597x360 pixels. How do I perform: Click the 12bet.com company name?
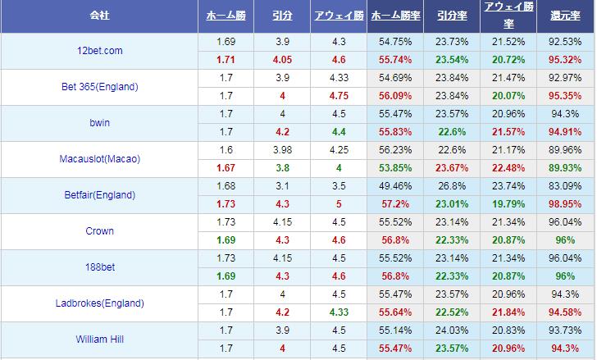pyautogui.click(x=99, y=51)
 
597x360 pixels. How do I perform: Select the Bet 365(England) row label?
pyautogui.click(x=99, y=87)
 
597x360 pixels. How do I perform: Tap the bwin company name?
pyautogui.click(x=99, y=123)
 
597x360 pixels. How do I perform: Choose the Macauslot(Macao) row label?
pyautogui.click(x=99, y=159)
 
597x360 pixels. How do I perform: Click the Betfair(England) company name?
pyautogui.click(x=99, y=195)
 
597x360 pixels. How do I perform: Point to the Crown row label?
pyautogui.click(x=99, y=231)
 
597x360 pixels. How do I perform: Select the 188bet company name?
pyautogui.click(x=99, y=267)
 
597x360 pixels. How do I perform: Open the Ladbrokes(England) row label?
pyautogui.click(x=99, y=303)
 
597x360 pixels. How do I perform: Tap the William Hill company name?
pyautogui.click(x=99, y=338)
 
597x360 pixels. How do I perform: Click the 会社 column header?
pyautogui.click(x=99, y=16)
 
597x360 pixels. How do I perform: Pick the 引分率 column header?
pyautogui.click(x=453, y=16)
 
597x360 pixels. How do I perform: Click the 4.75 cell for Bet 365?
pyautogui.click(x=339, y=96)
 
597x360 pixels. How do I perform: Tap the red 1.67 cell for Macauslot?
pyautogui.click(x=226, y=168)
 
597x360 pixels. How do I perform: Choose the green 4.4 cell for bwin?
pyautogui.click(x=339, y=132)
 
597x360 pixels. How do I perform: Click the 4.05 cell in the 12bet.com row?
pyautogui.click(x=282, y=60)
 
